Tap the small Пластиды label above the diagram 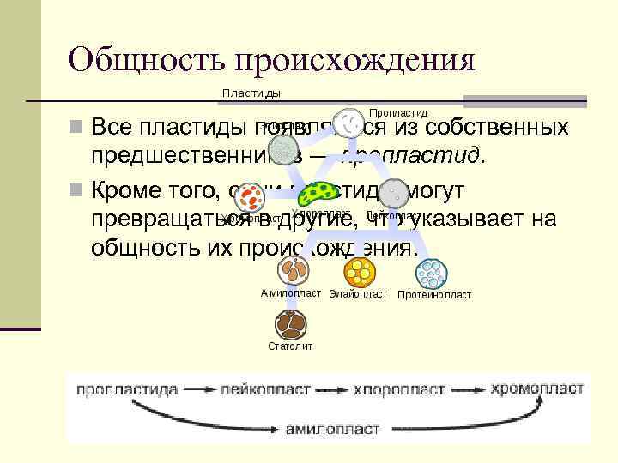pos(251,93)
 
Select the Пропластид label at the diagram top pos(397,112)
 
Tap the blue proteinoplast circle pos(431,274)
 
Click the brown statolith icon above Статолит pos(290,325)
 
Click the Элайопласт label pos(358,294)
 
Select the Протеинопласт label pos(434,295)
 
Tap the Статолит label pos(290,346)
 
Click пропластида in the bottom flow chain pos(127,388)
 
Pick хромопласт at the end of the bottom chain pos(537,388)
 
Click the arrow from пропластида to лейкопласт pos(200,389)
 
